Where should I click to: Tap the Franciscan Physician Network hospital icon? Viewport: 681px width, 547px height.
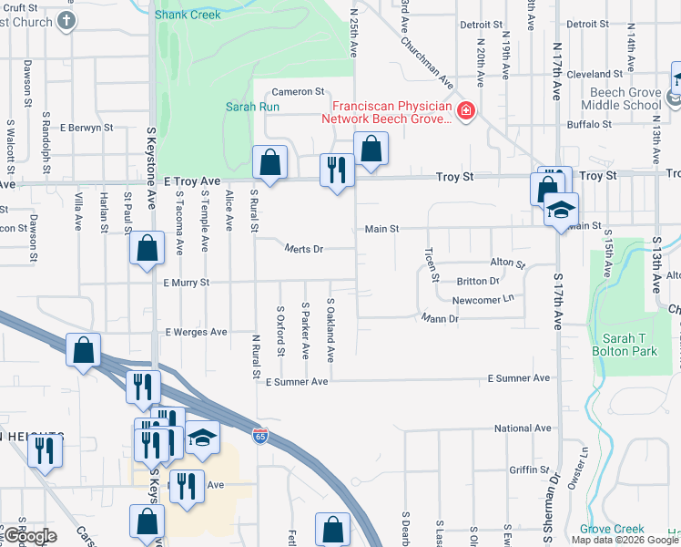(x=466, y=111)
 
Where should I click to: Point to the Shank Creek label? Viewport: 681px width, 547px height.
(x=188, y=15)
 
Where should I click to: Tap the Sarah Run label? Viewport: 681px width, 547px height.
(x=245, y=106)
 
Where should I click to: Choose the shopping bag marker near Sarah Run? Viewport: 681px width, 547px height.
(x=270, y=162)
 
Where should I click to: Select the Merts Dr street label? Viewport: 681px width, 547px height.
(x=304, y=248)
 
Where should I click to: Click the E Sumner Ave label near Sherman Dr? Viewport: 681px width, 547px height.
(x=519, y=377)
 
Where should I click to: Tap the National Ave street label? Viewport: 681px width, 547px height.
(x=523, y=428)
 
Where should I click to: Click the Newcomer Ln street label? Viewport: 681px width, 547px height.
(x=483, y=298)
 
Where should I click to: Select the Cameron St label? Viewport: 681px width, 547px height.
(x=298, y=91)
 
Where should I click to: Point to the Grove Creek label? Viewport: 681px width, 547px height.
(x=612, y=528)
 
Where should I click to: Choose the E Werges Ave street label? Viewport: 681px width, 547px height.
(x=197, y=332)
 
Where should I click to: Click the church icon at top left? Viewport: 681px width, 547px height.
(x=66, y=20)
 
